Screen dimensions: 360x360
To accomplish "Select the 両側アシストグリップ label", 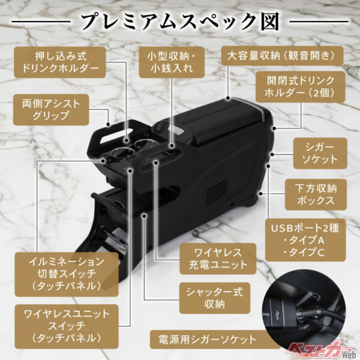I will [x=55, y=108].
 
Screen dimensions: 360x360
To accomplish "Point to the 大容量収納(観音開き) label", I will [x=282, y=56].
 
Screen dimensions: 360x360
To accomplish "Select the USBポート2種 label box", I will [x=305, y=240].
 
